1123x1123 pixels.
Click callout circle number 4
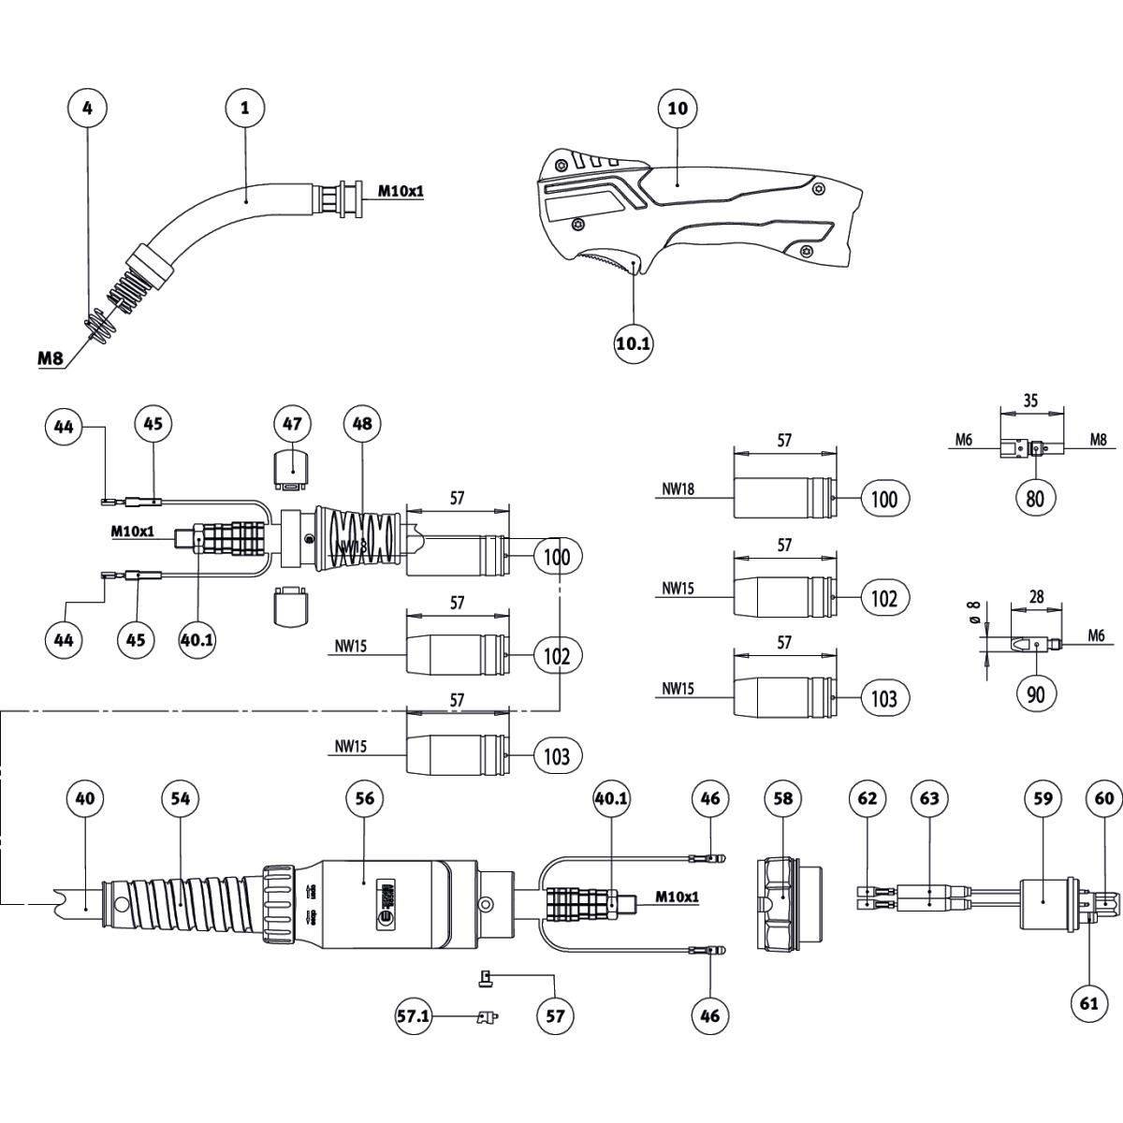[x=87, y=108]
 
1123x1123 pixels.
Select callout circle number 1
[x=245, y=108]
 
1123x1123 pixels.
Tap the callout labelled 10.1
[x=634, y=343]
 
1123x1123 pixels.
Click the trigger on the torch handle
[x=608, y=262]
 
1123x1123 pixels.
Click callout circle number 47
[x=292, y=424]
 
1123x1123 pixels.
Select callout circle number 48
[x=362, y=424]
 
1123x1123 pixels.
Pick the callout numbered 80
[x=1034, y=498]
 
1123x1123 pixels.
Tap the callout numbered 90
[x=1034, y=693]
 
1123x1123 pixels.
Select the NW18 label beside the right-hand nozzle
[x=678, y=487]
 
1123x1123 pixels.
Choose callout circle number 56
[x=364, y=797]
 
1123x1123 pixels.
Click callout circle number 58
[x=783, y=798]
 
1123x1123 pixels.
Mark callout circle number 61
[x=1087, y=1002]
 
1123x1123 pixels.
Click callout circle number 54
[x=181, y=797]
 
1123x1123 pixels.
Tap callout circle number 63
[x=928, y=798]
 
